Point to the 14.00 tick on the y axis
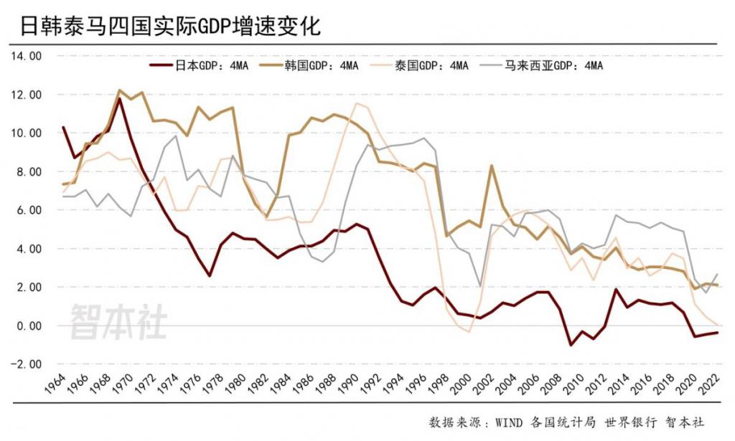click(x=27, y=56)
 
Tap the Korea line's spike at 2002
click(x=491, y=166)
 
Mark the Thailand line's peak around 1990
click(x=357, y=104)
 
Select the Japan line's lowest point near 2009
click(x=571, y=345)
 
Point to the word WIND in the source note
click(x=510, y=422)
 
